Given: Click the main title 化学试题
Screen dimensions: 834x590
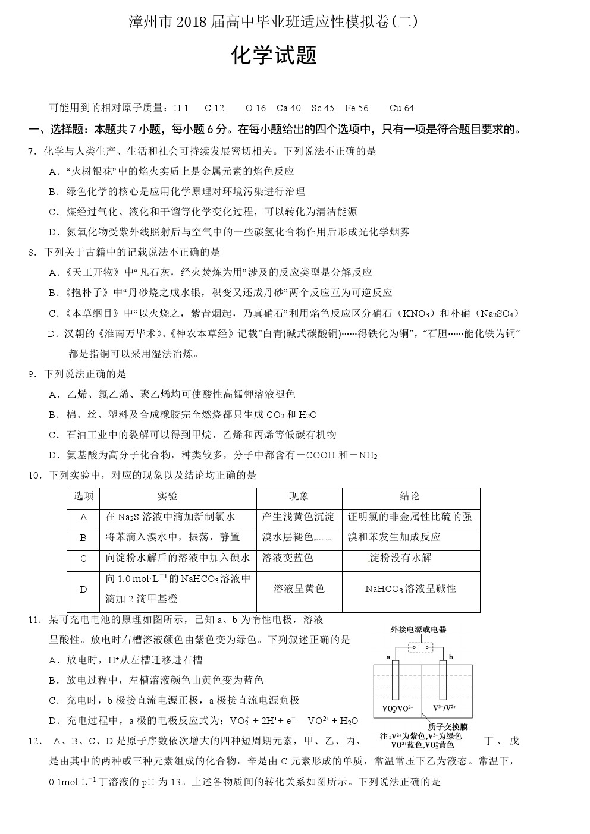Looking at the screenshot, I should point(274,55).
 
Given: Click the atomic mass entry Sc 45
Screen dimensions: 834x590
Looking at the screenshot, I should point(323,108).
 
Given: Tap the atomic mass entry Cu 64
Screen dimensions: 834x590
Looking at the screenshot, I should point(401,108).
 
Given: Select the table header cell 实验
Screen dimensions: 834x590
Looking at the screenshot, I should point(167,496).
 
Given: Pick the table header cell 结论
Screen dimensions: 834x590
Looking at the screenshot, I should point(410,496).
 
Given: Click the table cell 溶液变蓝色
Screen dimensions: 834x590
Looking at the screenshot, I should point(287,558).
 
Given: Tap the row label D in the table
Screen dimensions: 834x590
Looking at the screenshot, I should point(83,589).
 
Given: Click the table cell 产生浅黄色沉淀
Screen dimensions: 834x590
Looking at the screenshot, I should point(298,517).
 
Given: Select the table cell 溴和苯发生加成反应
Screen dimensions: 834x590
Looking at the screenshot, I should point(394,537).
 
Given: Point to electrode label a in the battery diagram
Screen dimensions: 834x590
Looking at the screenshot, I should point(388,657).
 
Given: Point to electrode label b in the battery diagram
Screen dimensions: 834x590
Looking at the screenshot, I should point(451,657).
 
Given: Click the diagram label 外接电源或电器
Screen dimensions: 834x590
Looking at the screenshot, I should point(418,630).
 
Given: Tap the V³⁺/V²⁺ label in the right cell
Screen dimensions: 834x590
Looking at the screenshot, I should point(445,707).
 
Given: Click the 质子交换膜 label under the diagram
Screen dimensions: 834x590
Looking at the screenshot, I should point(448,726).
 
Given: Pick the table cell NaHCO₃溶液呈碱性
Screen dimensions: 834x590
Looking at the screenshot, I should point(410,589).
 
